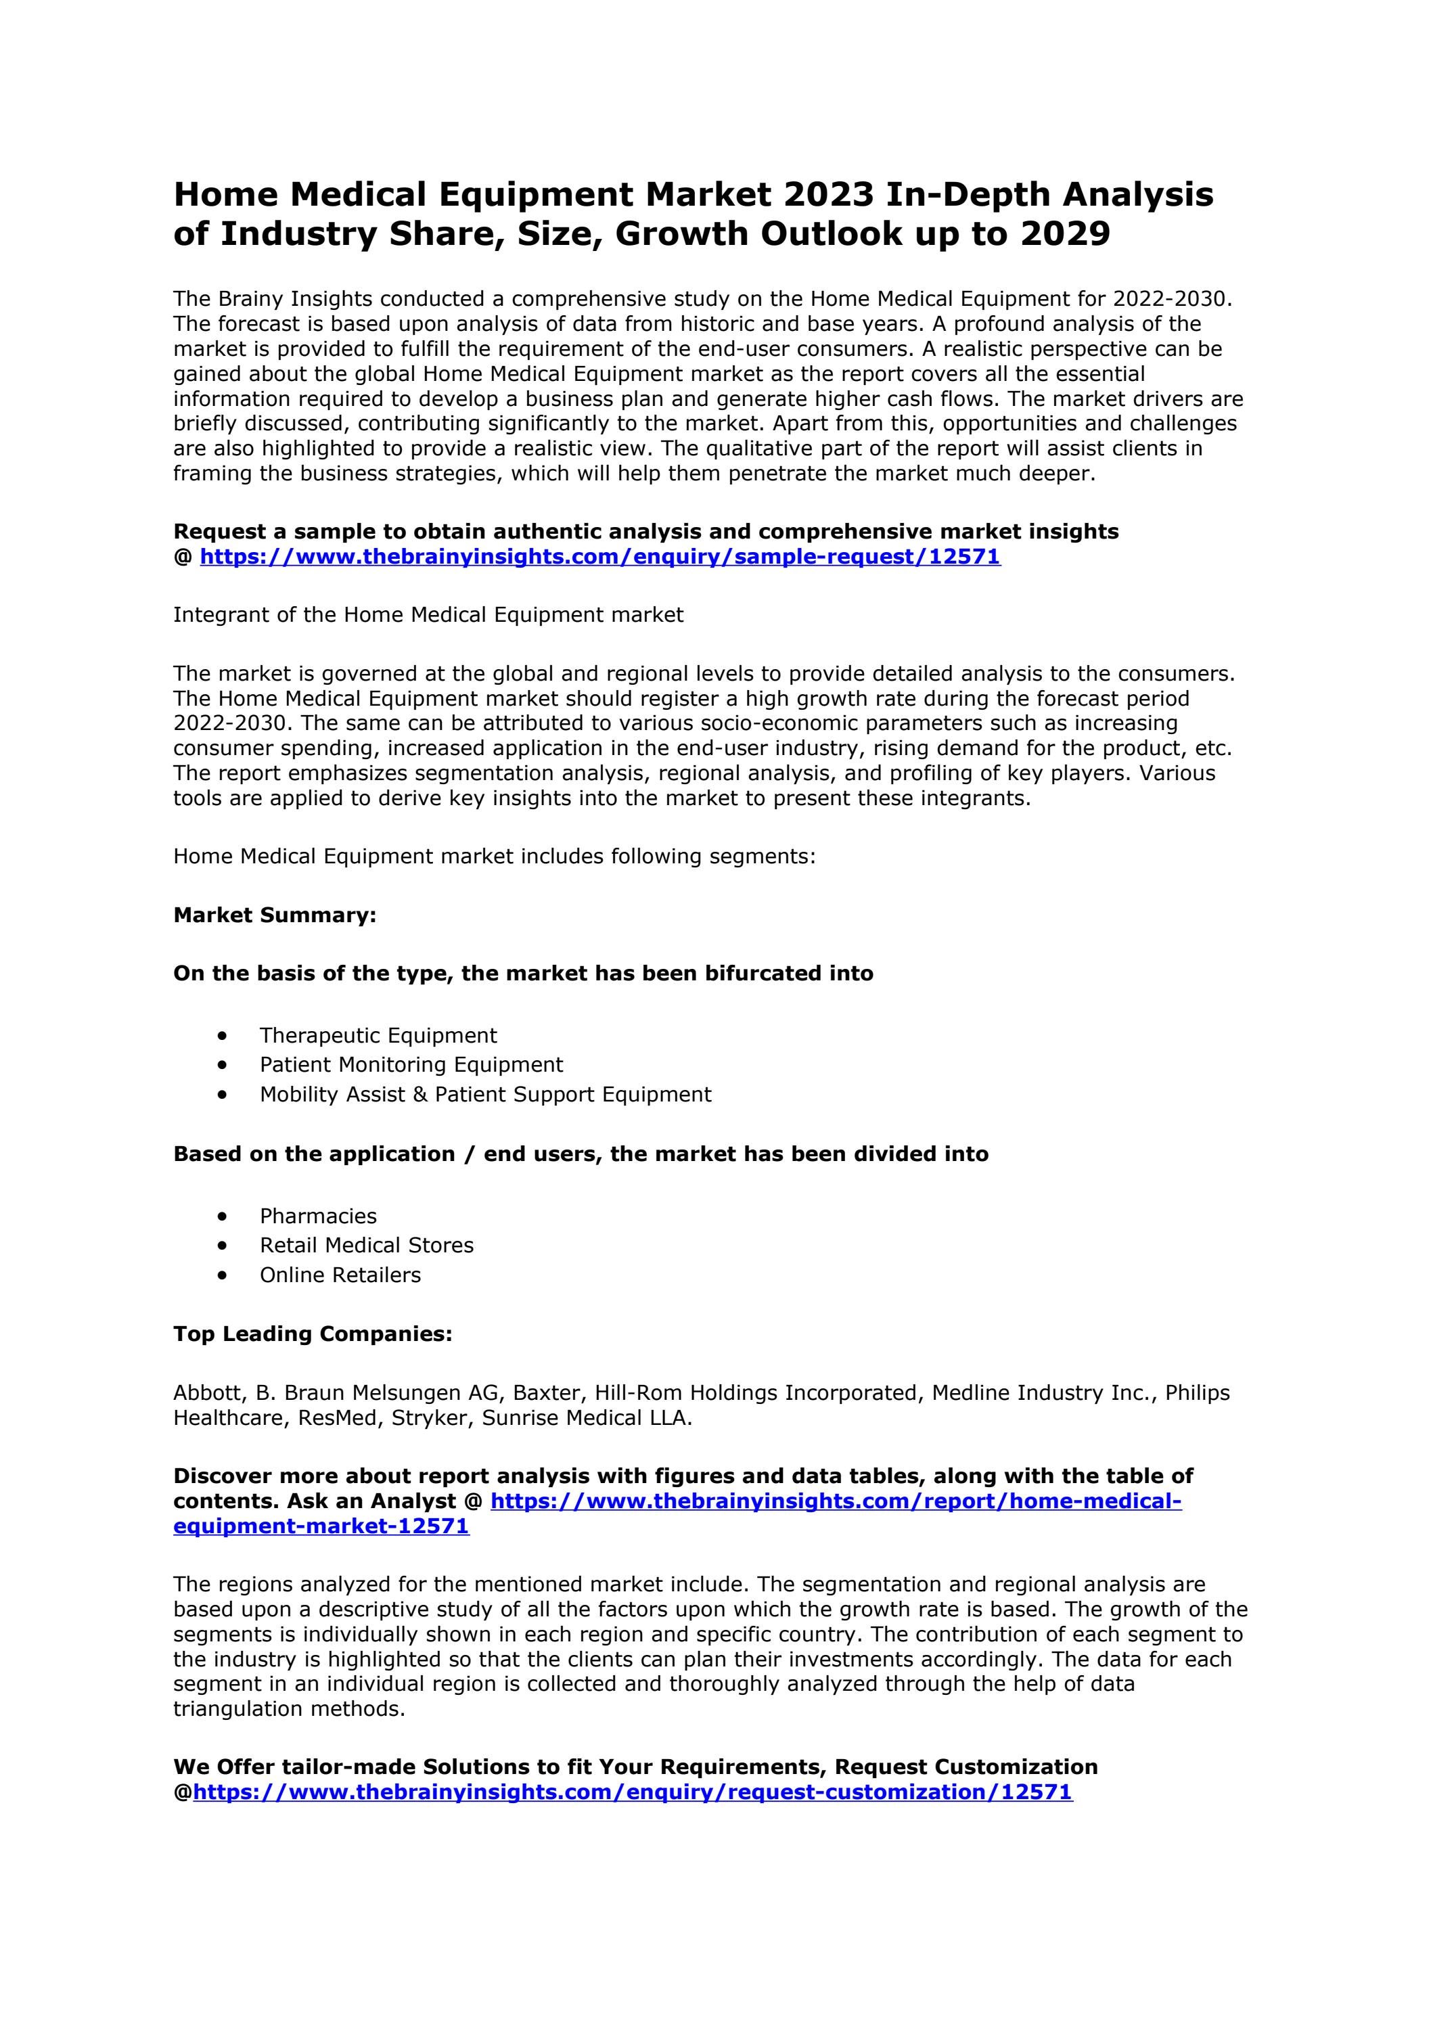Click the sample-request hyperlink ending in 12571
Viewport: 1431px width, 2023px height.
coord(600,557)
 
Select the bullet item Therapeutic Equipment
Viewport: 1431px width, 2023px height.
coord(378,1035)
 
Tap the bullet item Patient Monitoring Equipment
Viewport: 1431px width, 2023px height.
coord(411,1064)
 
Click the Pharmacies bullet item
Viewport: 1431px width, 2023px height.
coord(318,1216)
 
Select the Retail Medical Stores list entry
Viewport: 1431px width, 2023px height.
coord(367,1245)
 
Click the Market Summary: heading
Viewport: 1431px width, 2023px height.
coord(275,915)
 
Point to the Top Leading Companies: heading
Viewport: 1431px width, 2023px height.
coord(313,1334)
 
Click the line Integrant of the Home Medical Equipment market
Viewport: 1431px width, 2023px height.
coord(428,615)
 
